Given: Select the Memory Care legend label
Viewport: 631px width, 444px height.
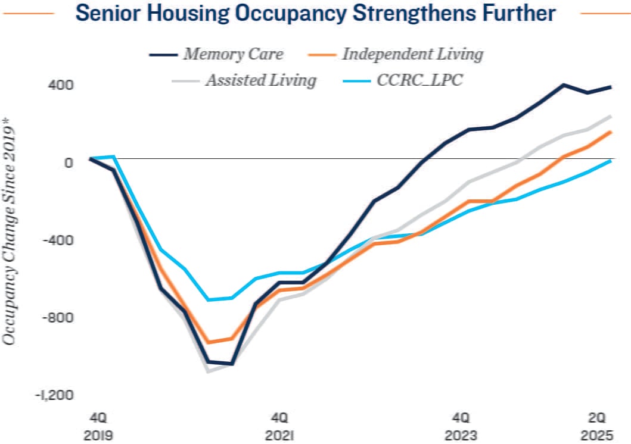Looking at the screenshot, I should [233, 54].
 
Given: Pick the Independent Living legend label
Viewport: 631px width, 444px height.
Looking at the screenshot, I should [412, 54].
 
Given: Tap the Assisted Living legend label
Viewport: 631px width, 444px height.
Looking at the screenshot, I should [260, 80].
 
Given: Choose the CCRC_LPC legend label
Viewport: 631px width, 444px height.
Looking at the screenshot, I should [419, 80].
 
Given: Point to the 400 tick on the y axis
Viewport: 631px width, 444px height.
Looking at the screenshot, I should [61, 85].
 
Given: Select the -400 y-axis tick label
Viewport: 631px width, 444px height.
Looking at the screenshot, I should [58, 240].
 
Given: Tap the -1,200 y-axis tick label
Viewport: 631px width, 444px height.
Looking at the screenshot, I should [55, 395].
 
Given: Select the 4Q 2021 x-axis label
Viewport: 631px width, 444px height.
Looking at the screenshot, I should [278, 425].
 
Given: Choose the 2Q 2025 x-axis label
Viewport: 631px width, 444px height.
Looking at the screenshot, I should [598, 425].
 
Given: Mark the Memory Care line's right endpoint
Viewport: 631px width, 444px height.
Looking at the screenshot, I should [611, 87].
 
